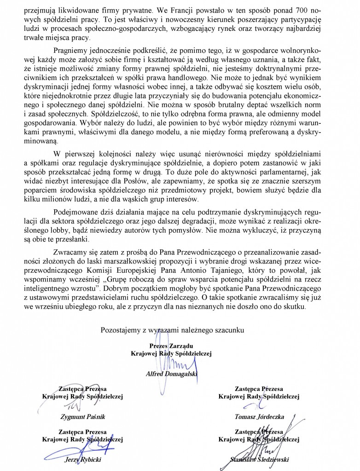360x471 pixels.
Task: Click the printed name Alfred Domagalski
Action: [171, 373]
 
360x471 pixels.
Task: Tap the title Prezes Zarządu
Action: [171, 345]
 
